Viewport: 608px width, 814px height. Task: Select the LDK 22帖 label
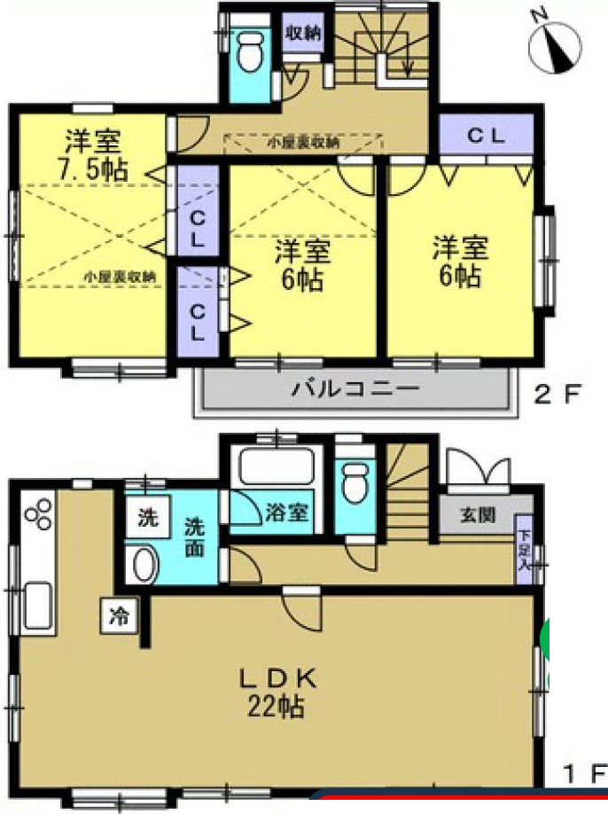276,692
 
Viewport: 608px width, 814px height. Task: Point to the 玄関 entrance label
477,514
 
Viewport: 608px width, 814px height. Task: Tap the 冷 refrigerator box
119,613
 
